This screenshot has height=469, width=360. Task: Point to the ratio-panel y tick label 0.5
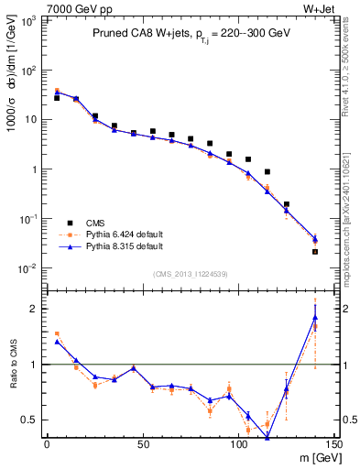click(34, 420)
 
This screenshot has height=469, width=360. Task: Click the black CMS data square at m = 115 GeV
click(267, 171)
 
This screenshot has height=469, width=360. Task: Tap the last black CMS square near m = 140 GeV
click(315, 251)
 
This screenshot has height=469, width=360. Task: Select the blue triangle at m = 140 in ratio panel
click(315, 318)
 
